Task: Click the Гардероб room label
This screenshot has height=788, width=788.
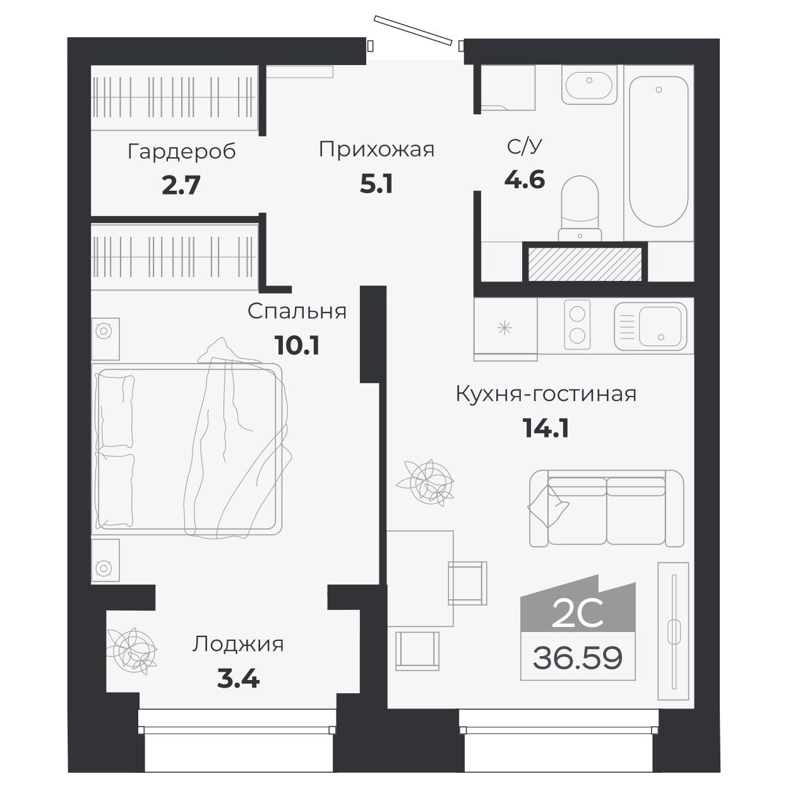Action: pyautogui.click(x=181, y=152)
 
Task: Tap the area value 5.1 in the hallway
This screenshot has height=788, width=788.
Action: pyautogui.click(x=376, y=184)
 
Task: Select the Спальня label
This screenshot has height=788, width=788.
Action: pyautogui.click(x=297, y=311)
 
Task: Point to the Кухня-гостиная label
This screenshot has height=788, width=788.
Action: pyautogui.click(x=546, y=394)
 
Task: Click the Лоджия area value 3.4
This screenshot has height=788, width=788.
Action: pyautogui.click(x=238, y=679)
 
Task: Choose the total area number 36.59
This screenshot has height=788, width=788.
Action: pyautogui.click(x=577, y=658)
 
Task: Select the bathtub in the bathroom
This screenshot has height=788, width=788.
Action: pyautogui.click(x=658, y=152)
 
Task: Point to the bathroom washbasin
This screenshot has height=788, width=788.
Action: pyautogui.click(x=588, y=87)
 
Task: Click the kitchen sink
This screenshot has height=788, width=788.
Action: pyautogui.click(x=651, y=326)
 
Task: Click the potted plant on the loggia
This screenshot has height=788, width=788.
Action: pyautogui.click(x=131, y=649)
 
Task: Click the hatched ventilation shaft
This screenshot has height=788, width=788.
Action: pyautogui.click(x=585, y=264)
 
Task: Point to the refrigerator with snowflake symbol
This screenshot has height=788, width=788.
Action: pyautogui.click(x=505, y=327)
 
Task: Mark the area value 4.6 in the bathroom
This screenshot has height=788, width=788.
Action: pyautogui.click(x=524, y=180)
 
